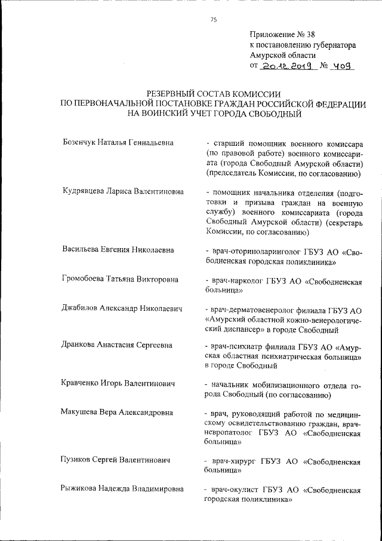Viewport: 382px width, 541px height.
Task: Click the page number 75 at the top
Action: [x=214, y=20]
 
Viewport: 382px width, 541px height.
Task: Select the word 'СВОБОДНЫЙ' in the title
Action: [x=271, y=114]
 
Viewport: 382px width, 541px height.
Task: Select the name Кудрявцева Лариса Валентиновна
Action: [x=122, y=192]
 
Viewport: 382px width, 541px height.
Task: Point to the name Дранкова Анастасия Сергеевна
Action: [x=118, y=344]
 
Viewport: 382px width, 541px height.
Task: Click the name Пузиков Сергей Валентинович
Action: [x=116, y=460]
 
